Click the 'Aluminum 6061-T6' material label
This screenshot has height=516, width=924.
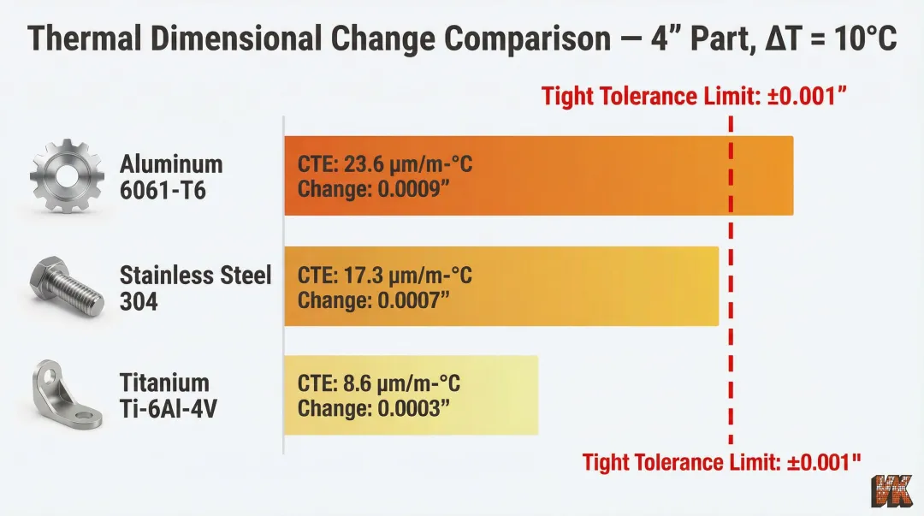pyautogui.click(x=171, y=176)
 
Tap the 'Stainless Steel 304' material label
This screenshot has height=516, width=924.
pyautogui.click(x=195, y=288)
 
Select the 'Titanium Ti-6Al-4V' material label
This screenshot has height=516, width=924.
pyautogui.click(x=168, y=395)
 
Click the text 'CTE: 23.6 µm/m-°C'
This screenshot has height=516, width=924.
pyautogui.click(x=385, y=164)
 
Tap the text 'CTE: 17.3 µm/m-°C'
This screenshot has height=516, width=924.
pyautogui.click(x=385, y=276)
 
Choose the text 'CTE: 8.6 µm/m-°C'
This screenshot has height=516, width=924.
pyautogui.click(x=379, y=383)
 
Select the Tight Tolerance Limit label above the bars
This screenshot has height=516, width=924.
pyautogui.click(x=694, y=96)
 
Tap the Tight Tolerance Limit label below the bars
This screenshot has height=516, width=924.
pyautogui.click(x=721, y=463)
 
